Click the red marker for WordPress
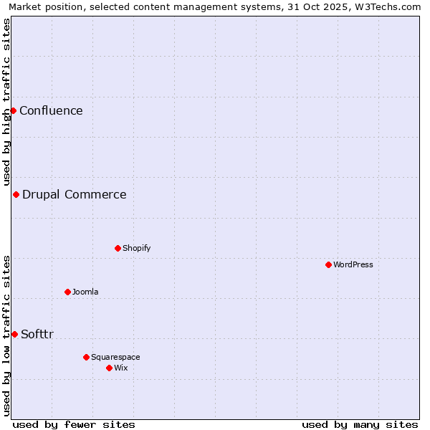click(x=328, y=264)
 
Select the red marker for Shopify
click(x=118, y=248)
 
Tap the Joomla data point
click(x=67, y=292)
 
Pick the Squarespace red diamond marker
click(x=86, y=357)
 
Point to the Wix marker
click(x=109, y=368)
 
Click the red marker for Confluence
click(x=13, y=110)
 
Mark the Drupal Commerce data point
click(x=16, y=194)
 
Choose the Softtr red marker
click(x=14, y=334)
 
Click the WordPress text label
click(x=353, y=264)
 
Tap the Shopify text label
click(x=136, y=248)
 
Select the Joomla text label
click(x=85, y=292)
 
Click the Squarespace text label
click(x=115, y=357)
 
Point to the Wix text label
click(x=121, y=368)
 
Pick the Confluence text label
click(x=51, y=110)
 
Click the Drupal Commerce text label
click(x=75, y=194)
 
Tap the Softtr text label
click(x=37, y=334)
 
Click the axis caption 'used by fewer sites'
click(x=74, y=424)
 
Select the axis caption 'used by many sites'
click(x=360, y=424)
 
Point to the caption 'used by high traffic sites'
click(x=6, y=102)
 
